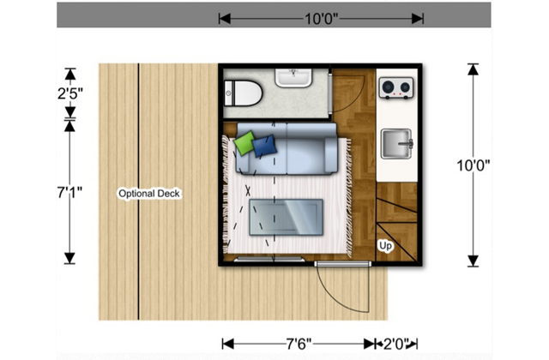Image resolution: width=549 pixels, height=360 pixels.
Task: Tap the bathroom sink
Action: click(x=295, y=78)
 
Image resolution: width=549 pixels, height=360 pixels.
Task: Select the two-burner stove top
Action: click(x=395, y=87)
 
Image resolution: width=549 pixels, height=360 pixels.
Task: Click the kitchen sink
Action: click(x=396, y=143)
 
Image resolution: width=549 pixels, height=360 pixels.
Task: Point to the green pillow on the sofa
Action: click(x=246, y=142)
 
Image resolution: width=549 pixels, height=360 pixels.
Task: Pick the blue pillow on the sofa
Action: click(x=264, y=146)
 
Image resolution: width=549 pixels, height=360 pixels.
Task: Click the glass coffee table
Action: click(x=285, y=216)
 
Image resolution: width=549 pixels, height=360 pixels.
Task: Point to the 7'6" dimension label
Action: click(x=300, y=344)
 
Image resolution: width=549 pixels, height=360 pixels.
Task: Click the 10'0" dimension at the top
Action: click(x=320, y=18)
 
